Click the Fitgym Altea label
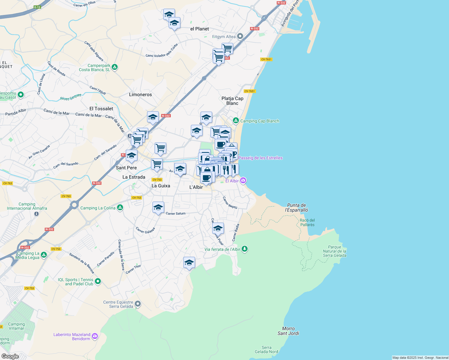tap(224, 37)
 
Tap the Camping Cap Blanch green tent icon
tap(236, 121)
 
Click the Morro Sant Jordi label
tap(288, 331)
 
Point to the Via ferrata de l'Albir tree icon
tap(245, 249)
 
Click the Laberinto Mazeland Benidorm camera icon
tap(95, 336)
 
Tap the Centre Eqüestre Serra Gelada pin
tap(138, 304)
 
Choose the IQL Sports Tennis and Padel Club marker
tap(98, 281)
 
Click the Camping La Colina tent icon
tap(120, 208)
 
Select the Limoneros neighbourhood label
tap(140, 94)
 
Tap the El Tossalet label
tap(101, 109)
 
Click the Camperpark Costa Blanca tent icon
tap(115, 67)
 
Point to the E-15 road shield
tap(37, 7)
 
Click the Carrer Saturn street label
tap(176, 214)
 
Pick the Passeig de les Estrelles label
tap(260, 158)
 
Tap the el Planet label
tap(200, 29)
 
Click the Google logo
tap(10, 356)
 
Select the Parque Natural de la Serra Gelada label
tap(335, 251)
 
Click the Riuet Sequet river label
tap(71, 97)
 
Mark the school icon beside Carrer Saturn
tap(158, 207)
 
